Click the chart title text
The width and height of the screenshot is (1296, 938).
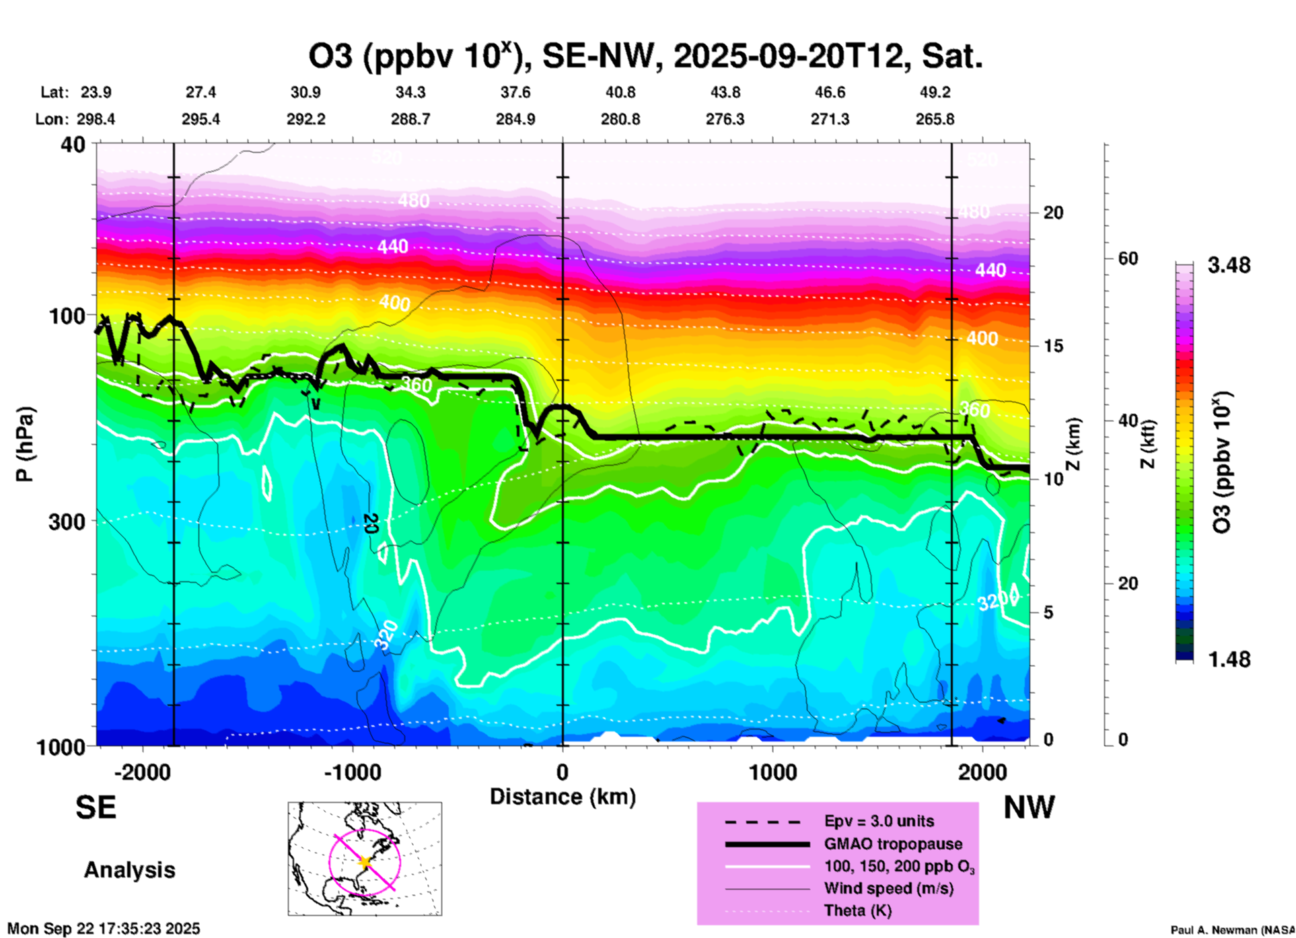tap(645, 57)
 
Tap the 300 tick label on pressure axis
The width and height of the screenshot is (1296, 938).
tap(67, 521)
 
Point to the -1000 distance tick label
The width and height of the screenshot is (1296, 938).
tap(352, 772)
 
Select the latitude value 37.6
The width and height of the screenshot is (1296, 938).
tap(515, 92)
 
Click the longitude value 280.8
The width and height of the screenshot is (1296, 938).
tap(620, 119)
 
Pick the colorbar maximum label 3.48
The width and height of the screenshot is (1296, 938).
tap(1229, 266)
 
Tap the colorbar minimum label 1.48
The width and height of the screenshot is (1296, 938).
tap(1229, 659)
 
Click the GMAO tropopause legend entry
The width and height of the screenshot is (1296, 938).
tap(893, 844)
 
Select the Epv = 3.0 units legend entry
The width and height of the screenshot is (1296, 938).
tap(879, 821)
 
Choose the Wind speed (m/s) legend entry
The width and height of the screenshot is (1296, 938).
tap(888, 888)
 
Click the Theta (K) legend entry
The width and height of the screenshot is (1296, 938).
tap(857, 910)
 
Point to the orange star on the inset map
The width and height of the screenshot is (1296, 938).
tap(365, 862)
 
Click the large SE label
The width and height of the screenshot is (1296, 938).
tap(96, 807)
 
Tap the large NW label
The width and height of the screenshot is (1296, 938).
tap(1029, 807)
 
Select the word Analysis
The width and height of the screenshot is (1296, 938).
tap(129, 870)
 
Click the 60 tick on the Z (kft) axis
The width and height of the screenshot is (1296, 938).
tap(1128, 258)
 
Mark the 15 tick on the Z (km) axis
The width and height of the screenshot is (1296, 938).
tap(1053, 346)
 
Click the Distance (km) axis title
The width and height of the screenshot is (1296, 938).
tap(563, 797)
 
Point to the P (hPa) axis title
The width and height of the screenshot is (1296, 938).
tap(25, 444)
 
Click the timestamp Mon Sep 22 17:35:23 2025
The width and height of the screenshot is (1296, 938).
tap(104, 929)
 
